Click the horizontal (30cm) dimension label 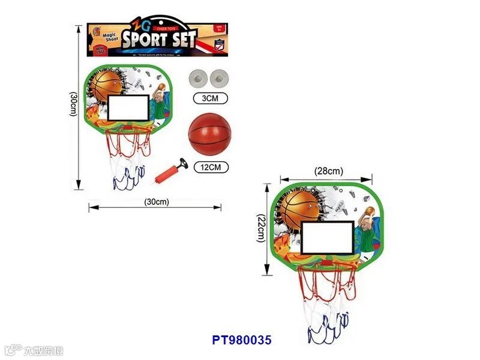pyautogui.click(x=157, y=202)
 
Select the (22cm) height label pyautogui.click(x=260, y=229)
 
